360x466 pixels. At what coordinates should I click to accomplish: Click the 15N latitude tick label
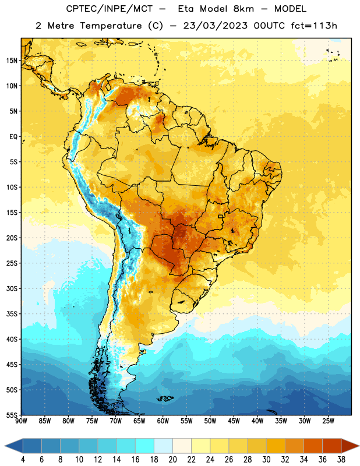12,61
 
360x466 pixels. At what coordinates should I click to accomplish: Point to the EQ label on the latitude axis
13,137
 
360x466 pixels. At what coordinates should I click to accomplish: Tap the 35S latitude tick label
12,314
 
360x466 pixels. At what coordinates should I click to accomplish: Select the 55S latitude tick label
12,415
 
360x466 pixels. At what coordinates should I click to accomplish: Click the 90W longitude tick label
21,421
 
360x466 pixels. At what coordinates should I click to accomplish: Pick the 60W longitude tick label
163,421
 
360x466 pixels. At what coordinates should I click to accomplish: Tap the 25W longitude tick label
328,421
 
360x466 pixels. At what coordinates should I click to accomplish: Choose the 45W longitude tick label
234,421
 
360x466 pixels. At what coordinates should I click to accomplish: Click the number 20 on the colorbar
172,460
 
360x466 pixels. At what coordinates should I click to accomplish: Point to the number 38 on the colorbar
341,460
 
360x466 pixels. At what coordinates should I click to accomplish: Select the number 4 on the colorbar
23,460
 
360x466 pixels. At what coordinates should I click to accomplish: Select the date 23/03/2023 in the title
216,26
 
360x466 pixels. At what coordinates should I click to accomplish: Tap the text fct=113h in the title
314,26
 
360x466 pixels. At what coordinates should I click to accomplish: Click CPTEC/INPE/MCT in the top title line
110,9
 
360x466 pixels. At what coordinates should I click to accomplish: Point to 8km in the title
243,9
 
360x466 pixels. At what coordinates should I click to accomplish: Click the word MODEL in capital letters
291,9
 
